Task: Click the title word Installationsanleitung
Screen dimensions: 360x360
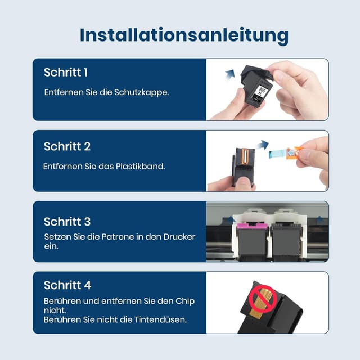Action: [x=184, y=34]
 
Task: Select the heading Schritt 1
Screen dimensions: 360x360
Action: [x=66, y=73]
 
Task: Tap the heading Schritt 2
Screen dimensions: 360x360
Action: [x=67, y=146]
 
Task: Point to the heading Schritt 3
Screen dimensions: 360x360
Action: [x=67, y=221]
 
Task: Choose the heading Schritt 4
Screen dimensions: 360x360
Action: [x=67, y=285]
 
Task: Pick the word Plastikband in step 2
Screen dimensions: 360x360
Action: [x=142, y=166]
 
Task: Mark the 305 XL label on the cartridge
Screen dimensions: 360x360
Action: [x=259, y=92]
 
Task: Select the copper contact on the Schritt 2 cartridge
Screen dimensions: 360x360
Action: [x=245, y=160]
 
